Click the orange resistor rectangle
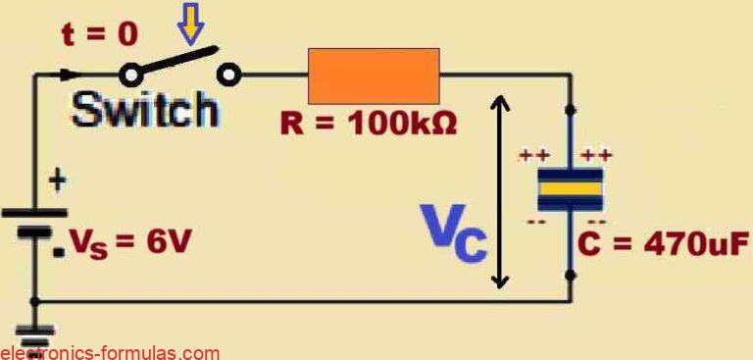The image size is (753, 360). tap(374, 76)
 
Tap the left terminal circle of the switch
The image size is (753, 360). tap(129, 75)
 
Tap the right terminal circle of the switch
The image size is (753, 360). tap(228, 74)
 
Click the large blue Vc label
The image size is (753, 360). tap(453, 234)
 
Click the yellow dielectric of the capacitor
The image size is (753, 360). tap(571, 188)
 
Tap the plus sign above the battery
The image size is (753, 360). tap(58, 180)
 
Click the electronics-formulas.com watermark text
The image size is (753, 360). tap(110, 352)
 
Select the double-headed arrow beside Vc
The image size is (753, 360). tap(501, 190)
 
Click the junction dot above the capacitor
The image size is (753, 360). tap(571, 109)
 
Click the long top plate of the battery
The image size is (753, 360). tap(35, 212)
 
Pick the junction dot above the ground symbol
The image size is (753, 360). tap(35, 301)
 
